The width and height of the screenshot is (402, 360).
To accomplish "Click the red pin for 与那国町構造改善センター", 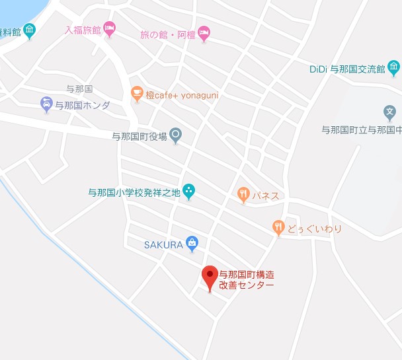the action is pyautogui.click(x=210, y=276).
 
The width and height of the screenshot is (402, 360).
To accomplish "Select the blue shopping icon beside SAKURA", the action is pyautogui.click(x=192, y=244).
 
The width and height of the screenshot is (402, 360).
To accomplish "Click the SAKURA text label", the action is pyautogui.click(x=163, y=244).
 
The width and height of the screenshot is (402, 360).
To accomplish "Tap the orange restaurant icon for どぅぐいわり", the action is pyautogui.click(x=278, y=229).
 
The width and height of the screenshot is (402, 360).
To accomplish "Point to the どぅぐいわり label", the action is pyautogui.click(x=315, y=229).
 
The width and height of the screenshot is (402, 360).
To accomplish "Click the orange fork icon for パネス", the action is pyautogui.click(x=243, y=195).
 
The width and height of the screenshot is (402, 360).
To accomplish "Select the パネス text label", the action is pyautogui.click(x=266, y=196).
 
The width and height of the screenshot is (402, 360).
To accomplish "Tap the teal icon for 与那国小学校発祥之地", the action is pyautogui.click(x=189, y=192).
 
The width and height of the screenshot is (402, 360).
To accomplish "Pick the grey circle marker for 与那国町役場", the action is pyautogui.click(x=176, y=136).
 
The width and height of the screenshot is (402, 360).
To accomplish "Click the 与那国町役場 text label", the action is pyautogui.click(x=139, y=137).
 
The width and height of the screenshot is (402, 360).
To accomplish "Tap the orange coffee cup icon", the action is pyautogui.click(x=136, y=94).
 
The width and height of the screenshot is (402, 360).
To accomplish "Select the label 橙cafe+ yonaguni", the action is pyautogui.click(x=182, y=95).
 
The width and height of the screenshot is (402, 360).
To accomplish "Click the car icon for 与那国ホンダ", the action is pyautogui.click(x=46, y=104).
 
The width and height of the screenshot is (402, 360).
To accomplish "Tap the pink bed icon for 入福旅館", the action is pyautogui.click(x=109, y=29).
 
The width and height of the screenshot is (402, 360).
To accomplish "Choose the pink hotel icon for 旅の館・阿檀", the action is pyautogui.click(x=204, y=32).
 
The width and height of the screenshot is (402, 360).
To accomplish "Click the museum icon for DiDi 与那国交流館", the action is pyautogui.click(x=394, y=67).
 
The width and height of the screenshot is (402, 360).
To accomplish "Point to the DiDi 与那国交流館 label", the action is pyautogui.click(x=346, y=69).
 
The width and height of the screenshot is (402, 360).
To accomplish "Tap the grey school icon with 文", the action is pyautogui.click(x=390, y=112).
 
